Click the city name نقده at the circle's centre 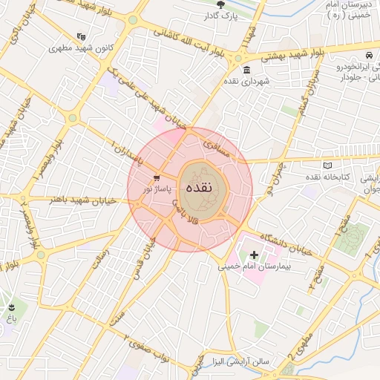click(201, 187)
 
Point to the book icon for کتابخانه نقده click(328, 166)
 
